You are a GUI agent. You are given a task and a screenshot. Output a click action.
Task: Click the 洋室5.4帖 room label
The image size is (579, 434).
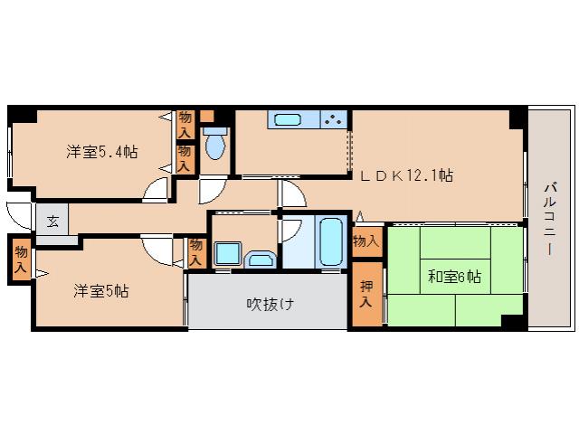coord(101,152)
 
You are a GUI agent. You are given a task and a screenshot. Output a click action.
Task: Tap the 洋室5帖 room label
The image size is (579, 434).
coord(101,291)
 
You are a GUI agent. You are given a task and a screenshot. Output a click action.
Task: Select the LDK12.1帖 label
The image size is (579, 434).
coord(408,176)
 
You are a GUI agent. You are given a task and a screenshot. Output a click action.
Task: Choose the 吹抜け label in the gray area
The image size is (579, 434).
coord(270,304)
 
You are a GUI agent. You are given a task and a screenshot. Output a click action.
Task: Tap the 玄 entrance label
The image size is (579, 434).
coord(52,222)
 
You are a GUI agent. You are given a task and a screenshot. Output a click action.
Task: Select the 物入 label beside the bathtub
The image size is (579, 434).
coord(365,242)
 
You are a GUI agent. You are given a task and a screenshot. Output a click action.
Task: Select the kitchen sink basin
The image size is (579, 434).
coord(288,119)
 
